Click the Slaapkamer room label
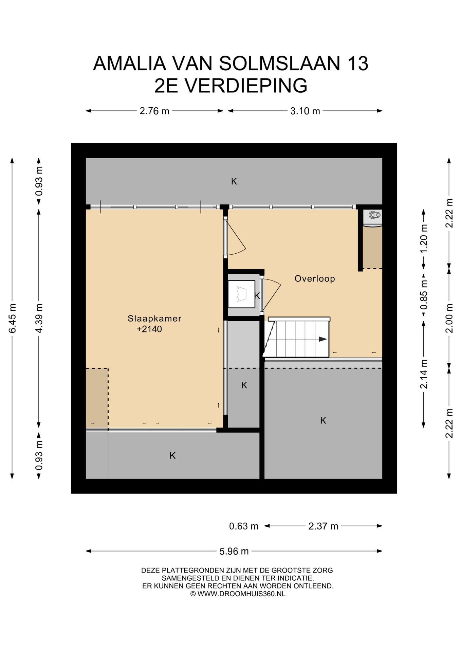(154, 319)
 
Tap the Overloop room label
(315, 279)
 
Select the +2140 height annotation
(149, 329)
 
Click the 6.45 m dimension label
(12, 319)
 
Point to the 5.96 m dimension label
(234, 551)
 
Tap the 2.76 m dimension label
(154, 111)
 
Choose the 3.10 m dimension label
(305, 111)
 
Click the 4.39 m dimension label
(39, 319)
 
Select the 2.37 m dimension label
(323, 526)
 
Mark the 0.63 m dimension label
(244, 526)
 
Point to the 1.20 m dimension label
(424, 239)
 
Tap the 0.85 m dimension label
(424, 295)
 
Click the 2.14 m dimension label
(424, 374)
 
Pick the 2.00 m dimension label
(449, 318)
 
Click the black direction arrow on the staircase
(323, 339)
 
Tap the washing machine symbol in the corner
(372, 218)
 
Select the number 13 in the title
(358, 64)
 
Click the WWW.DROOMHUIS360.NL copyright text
(241, 594)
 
